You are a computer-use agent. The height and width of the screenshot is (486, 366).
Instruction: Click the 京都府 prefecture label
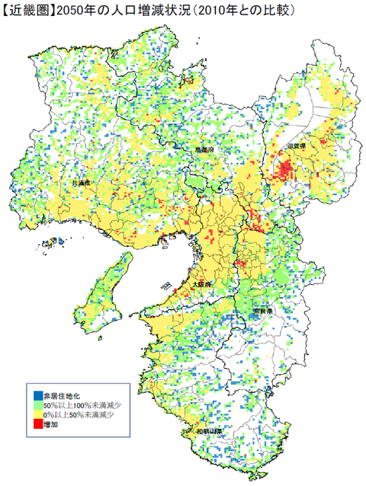pos(204,150)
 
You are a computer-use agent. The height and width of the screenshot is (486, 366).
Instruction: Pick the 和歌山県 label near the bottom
pos(208,430)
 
